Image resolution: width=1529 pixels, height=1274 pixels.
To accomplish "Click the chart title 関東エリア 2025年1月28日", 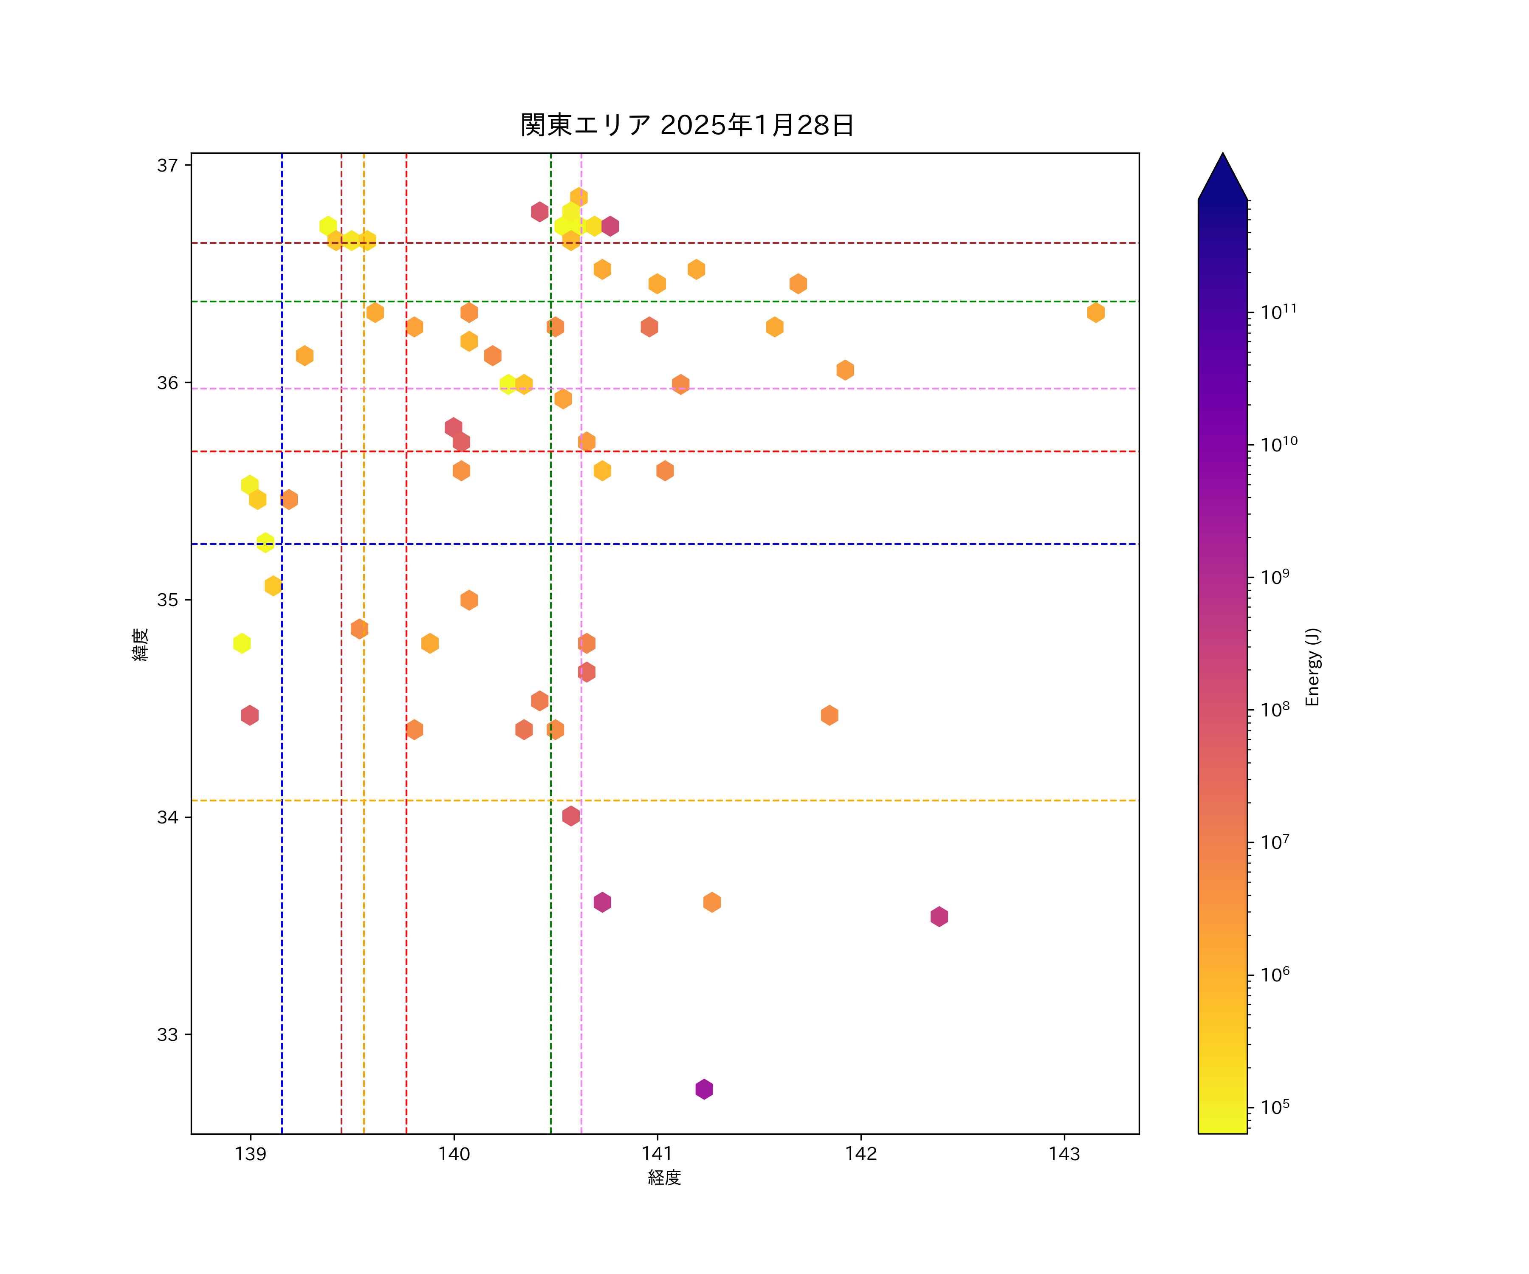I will [x=687, y=125].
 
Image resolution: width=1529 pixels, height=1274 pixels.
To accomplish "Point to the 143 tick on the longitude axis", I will [x=1064, y=1154].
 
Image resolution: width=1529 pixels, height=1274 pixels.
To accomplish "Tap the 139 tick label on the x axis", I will [x=251, y=1154].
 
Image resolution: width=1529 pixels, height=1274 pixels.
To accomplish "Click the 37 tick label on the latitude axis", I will [x=167, y=165].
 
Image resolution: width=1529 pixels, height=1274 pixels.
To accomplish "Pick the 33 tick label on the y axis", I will [x=167, y=1034].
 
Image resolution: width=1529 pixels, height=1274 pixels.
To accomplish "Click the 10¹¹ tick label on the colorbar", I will [x=1278, y=312].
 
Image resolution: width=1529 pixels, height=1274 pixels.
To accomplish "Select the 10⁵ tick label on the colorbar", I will [x=1275, y=1107].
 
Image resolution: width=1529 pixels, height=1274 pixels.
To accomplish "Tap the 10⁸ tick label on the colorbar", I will [x=1275, y=710].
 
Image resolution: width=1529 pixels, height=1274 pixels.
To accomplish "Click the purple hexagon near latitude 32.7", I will [x=703, y=1089].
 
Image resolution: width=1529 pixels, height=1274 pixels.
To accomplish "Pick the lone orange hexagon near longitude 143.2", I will [x=1095, y=312].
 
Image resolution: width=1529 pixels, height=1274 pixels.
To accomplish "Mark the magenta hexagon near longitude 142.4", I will [x=939, y=916].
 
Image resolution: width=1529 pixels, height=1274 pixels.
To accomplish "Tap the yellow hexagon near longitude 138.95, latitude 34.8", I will [x=242, y=643].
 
